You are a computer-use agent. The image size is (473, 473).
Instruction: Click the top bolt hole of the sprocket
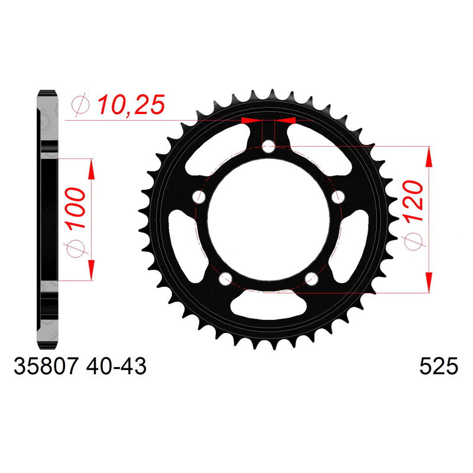pyautogui.click(x=268, y=147)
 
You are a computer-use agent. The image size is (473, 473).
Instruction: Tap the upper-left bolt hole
pyautogui.click(x=199, y=197)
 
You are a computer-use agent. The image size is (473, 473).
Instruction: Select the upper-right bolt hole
pyautogui.click(x=338, y=197)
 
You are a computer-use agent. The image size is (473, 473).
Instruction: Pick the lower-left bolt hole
pyautogui.click(x=225, y=278)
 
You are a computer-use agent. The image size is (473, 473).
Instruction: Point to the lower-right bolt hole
pyautogui.click(x=312, y=278)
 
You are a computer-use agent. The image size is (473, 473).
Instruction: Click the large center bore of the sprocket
pyautogui.click(x=268, y=220)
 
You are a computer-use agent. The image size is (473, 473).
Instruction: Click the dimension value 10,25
pyautogui.click(x=131, y=105)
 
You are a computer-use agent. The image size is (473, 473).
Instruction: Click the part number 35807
pyautogui.click(x=47, y=366)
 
